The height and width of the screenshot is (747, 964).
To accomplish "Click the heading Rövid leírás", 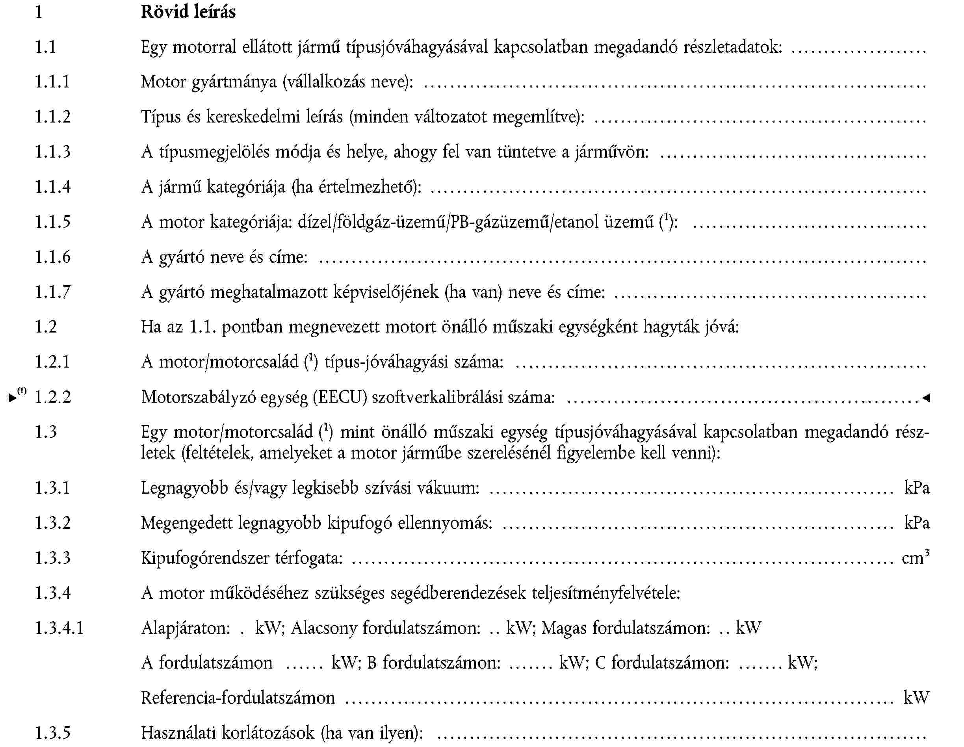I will (188, 11).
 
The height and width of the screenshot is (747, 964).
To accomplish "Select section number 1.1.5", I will (52, 222).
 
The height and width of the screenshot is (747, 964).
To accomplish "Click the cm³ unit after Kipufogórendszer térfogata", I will (915, 557).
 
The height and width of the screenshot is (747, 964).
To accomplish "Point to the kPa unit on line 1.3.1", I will (917, 488).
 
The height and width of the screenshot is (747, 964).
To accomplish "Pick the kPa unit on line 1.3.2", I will (917, 523).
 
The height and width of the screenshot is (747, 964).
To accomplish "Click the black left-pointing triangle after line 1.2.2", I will (926, 398).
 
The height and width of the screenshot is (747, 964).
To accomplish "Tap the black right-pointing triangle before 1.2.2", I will (12, 398).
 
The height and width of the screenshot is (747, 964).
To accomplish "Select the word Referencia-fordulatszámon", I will (238, 697).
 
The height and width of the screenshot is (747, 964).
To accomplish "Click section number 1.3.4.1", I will (59, 628).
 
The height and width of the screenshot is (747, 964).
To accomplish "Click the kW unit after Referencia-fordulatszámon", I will (916, 697).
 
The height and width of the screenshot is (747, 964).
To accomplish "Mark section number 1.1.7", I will (52, 292).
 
